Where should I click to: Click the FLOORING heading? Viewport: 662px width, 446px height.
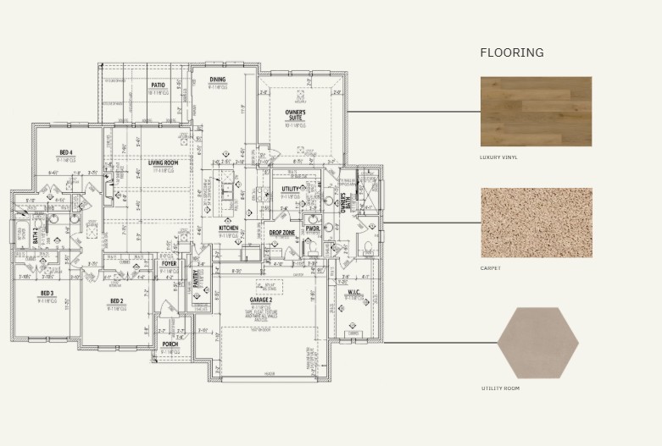[511, 52]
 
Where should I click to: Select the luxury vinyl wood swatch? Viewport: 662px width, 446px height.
[536, 111]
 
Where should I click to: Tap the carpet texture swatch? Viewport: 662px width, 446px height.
[536, 223]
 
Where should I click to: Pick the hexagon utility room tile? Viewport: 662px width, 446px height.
[537, 343]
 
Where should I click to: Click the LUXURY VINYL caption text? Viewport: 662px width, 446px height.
[498, 157]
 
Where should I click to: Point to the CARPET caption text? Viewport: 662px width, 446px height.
[490, 268]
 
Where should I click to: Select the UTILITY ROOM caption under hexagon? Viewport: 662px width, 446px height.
[500, 388]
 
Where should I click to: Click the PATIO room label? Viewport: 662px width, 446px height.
[158, 85]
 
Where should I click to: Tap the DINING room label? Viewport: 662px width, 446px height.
[218, 80]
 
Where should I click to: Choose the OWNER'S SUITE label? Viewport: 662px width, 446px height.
[295, 114]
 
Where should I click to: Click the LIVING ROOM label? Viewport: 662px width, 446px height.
[162, 162]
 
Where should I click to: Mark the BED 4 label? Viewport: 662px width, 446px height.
[66, 152]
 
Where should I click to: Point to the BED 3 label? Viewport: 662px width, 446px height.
[47, 293]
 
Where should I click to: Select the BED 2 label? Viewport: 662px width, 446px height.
[117, 301]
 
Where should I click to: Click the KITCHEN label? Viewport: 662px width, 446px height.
[229, 229]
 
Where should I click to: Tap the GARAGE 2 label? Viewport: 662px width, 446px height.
[260, 300]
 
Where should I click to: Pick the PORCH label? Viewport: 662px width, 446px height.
[170, 344]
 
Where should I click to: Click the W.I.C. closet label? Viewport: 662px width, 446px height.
[353, 293]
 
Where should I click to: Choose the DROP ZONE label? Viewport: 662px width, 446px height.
[281, 232]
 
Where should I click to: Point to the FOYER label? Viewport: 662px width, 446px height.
[170, 264]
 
